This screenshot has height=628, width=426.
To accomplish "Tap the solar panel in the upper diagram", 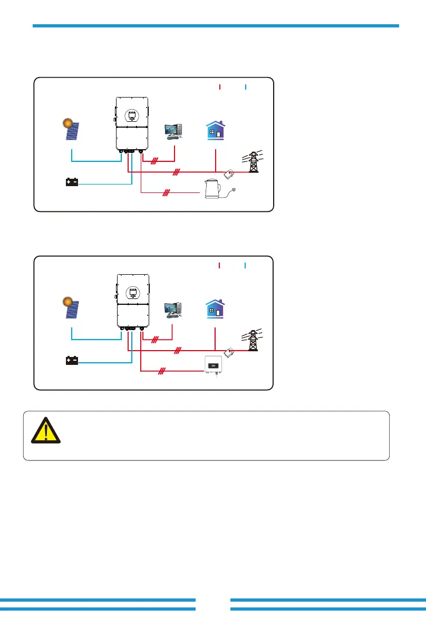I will [x=72, y=130].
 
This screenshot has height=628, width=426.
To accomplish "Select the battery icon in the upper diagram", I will [x=72, y=182].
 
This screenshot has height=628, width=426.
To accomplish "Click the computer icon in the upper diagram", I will [x=174, y=131].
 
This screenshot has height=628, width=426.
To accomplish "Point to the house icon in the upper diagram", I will [x=215, y=130].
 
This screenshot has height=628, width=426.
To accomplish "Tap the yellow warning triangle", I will [x=46, y=430].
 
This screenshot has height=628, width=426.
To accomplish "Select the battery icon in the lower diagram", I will [x=72, y=361].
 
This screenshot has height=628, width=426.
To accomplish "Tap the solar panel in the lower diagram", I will [x=72, y=309].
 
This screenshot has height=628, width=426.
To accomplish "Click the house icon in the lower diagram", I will [x=215, y=309].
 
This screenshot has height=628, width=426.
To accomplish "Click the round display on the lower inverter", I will [x=132, y=294].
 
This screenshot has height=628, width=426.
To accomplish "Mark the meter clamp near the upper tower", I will [x=230, y=174].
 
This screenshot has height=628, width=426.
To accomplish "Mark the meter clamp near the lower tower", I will [x=230, y=352].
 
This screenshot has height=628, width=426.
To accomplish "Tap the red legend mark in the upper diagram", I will [x=219, y=86].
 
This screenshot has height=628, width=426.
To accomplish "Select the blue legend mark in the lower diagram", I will [x=246, y=265].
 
